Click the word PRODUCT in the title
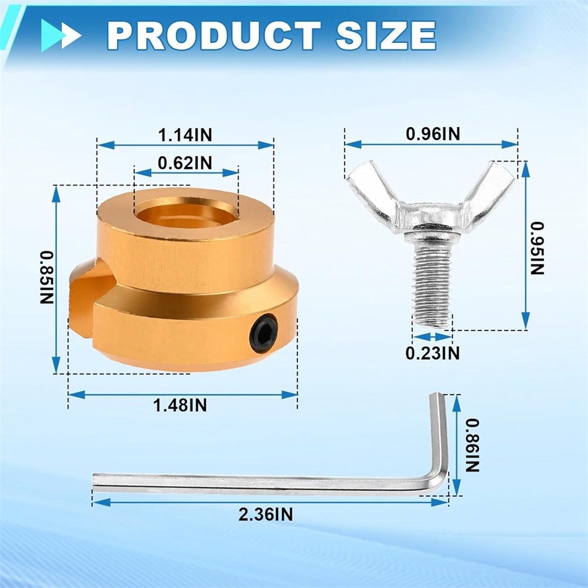(x=214, y=36)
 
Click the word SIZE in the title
(x=386, y=36)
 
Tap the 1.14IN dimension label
(x=185, y=135)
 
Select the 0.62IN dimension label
(x=185, y=163)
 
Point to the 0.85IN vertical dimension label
(x=47, y=278)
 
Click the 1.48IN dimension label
(x=180, y=405)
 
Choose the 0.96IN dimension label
(x=433, y=134)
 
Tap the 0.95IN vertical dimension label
(x=537, y=249)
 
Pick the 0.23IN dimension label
(x=432, y=353)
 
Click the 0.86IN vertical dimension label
(x=472, y=445)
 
